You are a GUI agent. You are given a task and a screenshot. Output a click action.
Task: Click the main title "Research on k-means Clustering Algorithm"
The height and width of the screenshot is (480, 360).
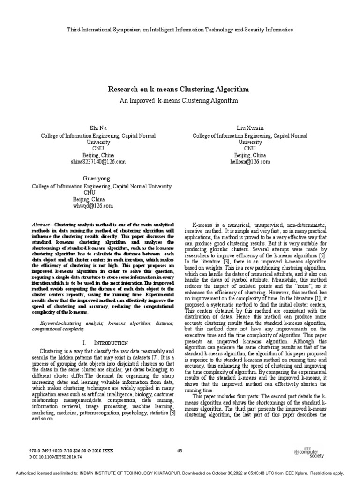click(179, 89)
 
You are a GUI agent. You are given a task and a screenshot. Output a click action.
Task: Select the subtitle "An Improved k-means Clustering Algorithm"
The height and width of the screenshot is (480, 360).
click(179, 101)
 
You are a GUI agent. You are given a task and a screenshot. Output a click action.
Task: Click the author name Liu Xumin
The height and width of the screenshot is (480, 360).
click(250, 128)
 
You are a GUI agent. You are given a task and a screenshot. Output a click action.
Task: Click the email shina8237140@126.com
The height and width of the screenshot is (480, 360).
click(98, 162)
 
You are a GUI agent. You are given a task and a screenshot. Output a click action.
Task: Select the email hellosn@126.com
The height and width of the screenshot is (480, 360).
click(250, 162)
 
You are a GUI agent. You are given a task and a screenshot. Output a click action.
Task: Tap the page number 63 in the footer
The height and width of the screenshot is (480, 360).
click(180, 451)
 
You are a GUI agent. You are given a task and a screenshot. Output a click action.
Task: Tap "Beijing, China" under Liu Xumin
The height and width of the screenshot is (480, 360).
click(250, 155)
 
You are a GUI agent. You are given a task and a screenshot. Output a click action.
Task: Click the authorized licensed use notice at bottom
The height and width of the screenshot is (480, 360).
click(180, 473)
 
